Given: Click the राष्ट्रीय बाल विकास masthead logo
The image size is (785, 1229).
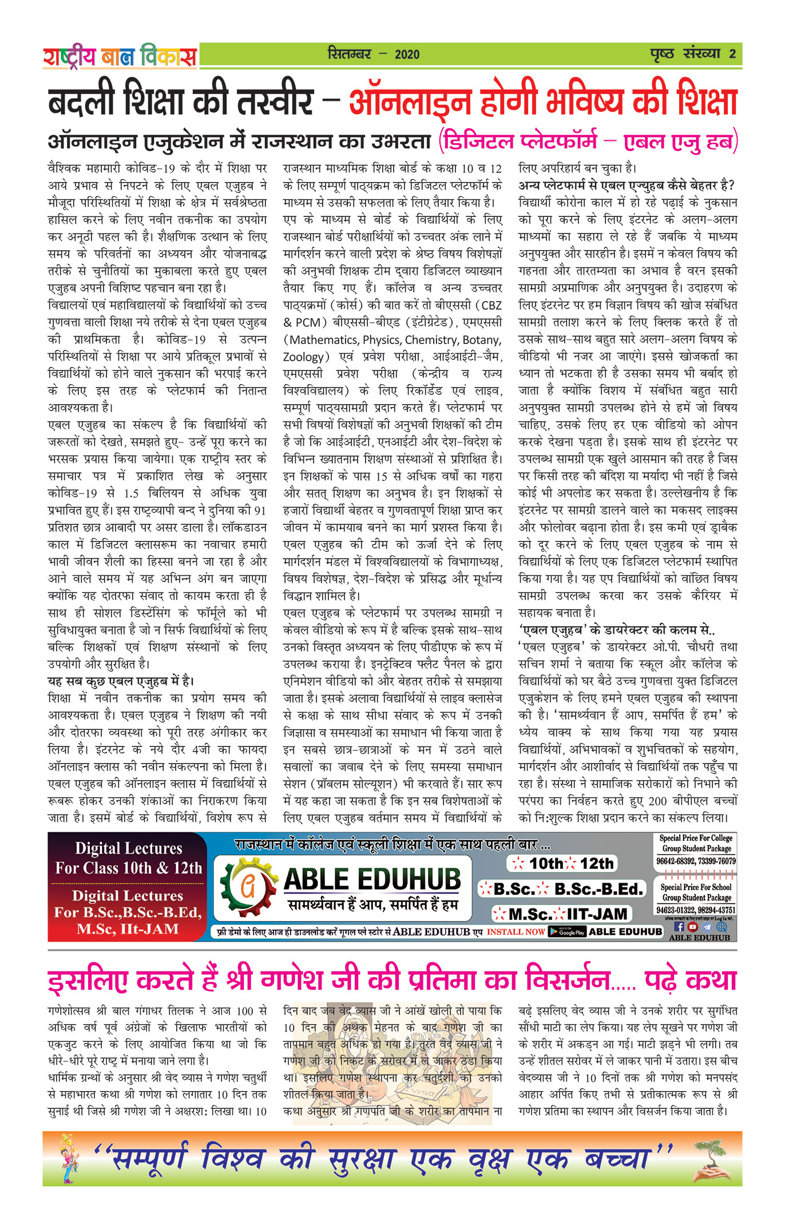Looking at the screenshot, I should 120,56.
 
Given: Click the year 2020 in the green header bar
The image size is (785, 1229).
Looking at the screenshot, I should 407,54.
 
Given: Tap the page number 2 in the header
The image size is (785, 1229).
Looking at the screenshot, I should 732,54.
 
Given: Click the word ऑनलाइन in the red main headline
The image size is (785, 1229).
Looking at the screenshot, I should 409,102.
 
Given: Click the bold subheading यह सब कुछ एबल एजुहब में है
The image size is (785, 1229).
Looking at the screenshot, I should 121,681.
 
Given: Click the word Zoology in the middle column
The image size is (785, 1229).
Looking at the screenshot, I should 303,357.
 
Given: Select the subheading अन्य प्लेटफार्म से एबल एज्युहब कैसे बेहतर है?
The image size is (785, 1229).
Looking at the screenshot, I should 626,185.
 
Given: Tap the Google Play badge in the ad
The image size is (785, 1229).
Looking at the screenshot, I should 567,931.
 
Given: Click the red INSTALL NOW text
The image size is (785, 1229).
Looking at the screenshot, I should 516,932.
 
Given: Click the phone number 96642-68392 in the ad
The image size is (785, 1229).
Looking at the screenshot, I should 675,861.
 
